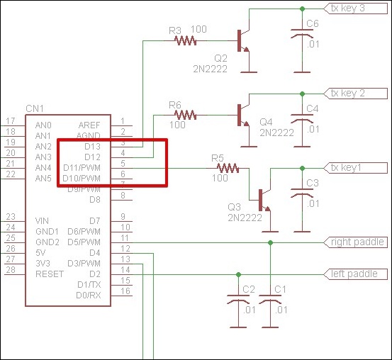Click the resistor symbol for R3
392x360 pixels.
[x=185, y=40]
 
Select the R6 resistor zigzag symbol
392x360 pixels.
[x=185, y=115]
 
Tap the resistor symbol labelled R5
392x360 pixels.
[x=228, y=168]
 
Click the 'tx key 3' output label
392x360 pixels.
[x=355, y=9]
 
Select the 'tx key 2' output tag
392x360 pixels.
[x=355, y=94]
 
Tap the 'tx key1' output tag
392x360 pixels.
[x=355, y=168]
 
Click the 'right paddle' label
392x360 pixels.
[x=355, y=242]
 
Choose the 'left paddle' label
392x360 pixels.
[x=355, y=274]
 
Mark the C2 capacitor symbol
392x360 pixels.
[x=238, y=299]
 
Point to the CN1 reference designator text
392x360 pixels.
[x=35, y=108]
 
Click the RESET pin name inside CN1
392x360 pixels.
[x=50, y=274]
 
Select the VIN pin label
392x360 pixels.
[x=42, y=221]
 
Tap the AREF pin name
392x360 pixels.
[x=89, y=125]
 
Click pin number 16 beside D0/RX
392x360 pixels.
[x=125, y=291]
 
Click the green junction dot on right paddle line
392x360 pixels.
[x=270, y=242]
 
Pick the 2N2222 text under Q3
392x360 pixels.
[x=245, y=218]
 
